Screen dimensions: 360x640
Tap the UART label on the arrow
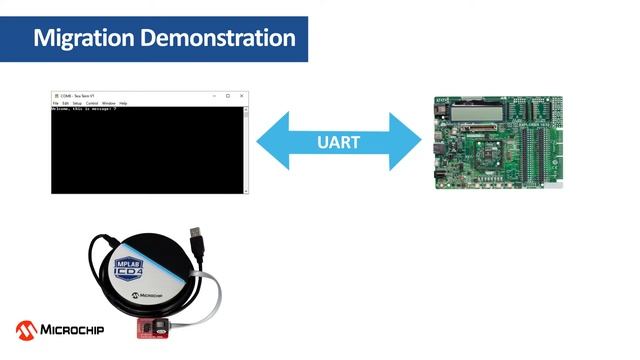339,142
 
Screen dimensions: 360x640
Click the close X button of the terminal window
242,95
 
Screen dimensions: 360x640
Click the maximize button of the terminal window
228,95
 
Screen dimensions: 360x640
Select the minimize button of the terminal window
214,95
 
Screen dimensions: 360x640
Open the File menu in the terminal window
55,103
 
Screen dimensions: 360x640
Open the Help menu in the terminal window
123,103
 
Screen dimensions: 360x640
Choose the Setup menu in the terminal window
77,103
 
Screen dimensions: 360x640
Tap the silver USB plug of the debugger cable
200,242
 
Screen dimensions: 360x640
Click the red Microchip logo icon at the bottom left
26,329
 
